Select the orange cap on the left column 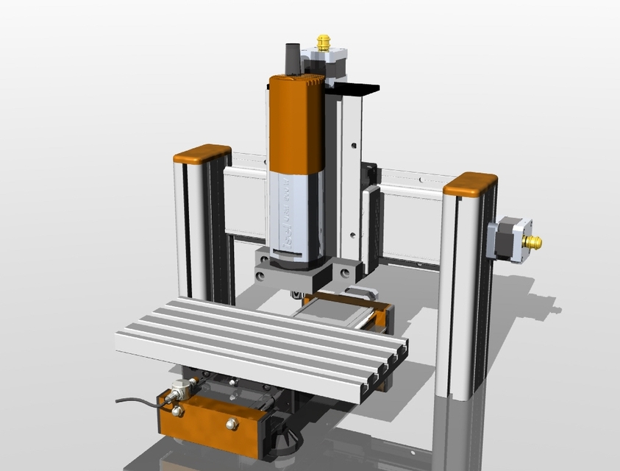click(x=202, y=154)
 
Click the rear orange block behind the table click(x=382, y=317)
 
